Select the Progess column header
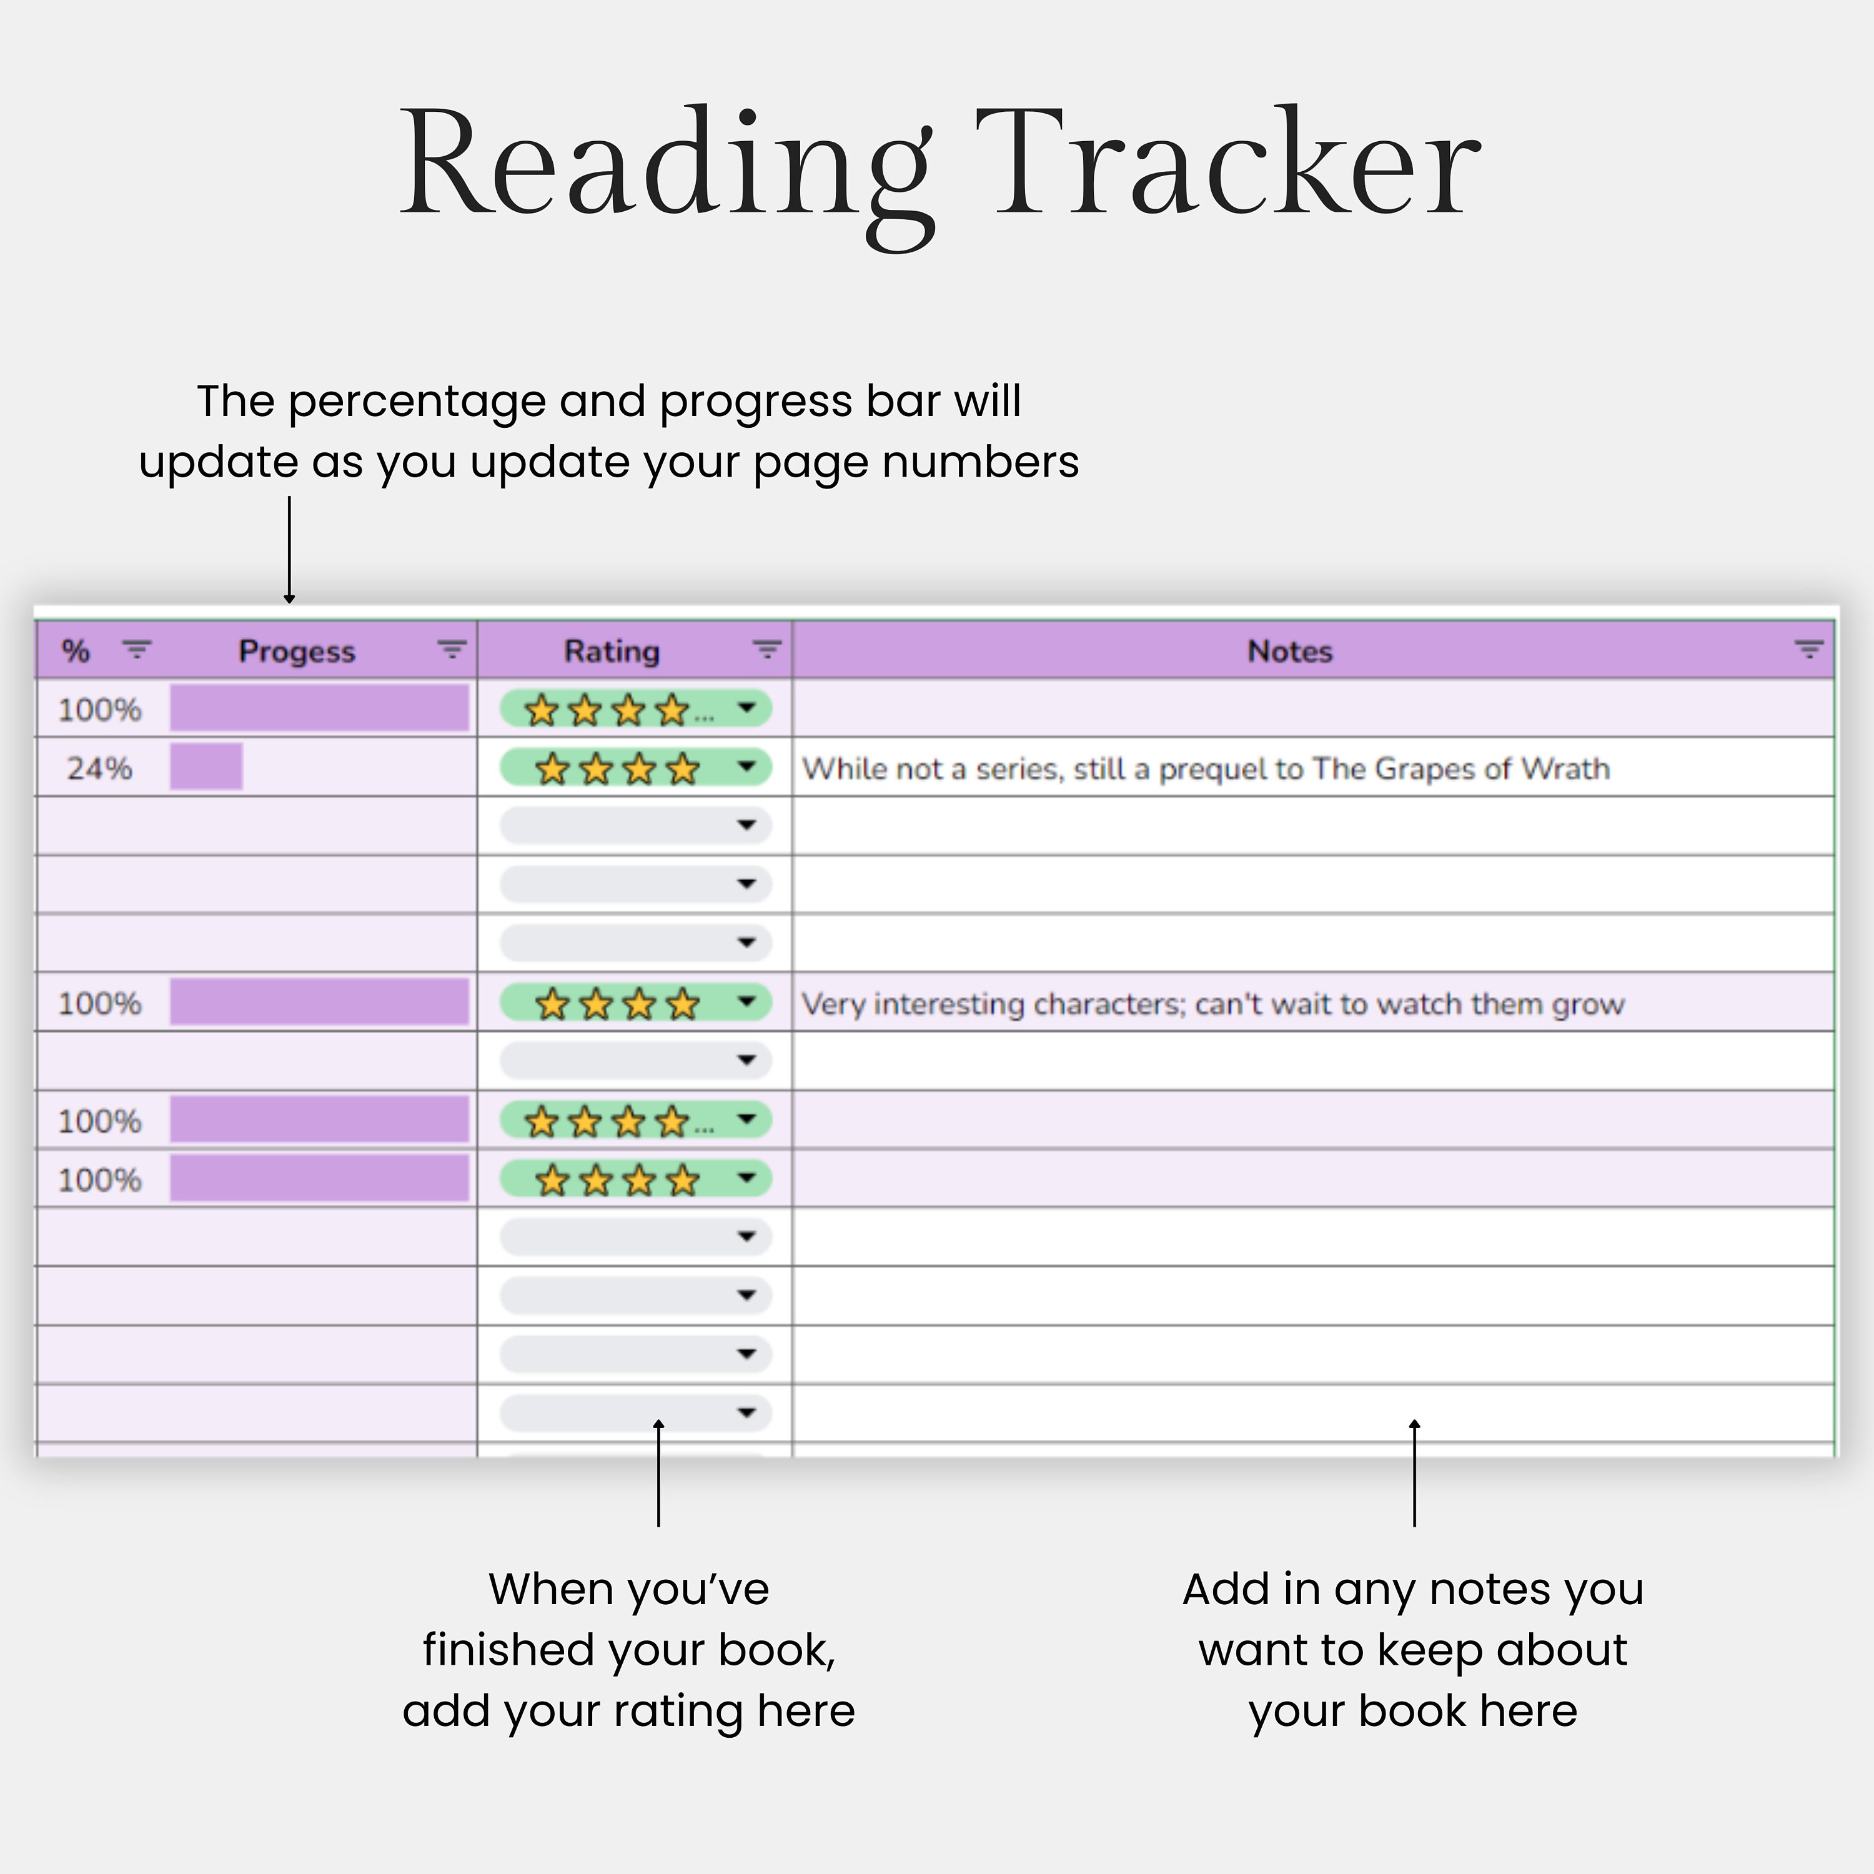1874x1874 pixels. [x=297, y=651]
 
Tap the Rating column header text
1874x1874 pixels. [x=612, y=651]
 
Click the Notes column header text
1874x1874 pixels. [x=1289, y=651]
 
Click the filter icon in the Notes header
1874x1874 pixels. [x=1808, y=650]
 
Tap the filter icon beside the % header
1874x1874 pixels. [x=137, y=650]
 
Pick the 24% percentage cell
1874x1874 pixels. [x=99, y=768]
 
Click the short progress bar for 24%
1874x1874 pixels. [x=206, y=767]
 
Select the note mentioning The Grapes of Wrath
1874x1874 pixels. [x=1206, y=768]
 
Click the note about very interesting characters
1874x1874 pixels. [x=1212, y=1003]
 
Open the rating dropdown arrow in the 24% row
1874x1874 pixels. [x=746, y=767]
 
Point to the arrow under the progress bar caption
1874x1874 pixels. [x=289, y=550]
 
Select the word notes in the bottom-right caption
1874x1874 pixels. [x=1489, y=1590]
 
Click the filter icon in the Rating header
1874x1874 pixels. [x=767, y=650]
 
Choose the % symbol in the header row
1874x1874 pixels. [x=76, y=651]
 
